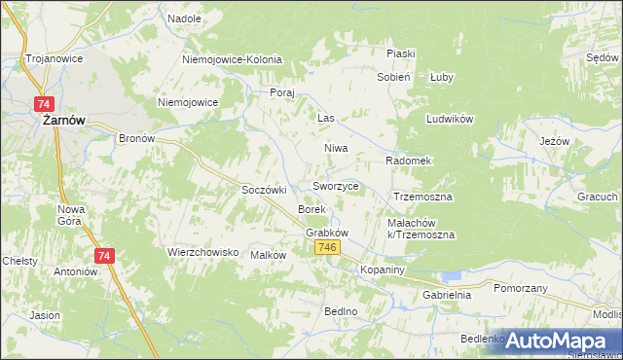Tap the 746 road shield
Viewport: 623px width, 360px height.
(328, 248)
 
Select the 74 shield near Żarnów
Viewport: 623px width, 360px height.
(43, 103)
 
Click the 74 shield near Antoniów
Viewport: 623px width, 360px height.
(106, 256)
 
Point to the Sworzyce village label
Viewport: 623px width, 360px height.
(336, 186)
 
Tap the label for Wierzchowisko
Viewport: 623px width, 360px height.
(203, 252)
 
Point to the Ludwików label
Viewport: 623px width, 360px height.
(449, 119)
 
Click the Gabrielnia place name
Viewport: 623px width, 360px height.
(446, 294)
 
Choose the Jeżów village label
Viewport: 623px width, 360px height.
(554, 141)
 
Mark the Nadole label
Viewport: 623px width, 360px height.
(184, 18)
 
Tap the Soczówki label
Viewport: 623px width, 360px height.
(263, 190)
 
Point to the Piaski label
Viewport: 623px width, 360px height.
(401, 54)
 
